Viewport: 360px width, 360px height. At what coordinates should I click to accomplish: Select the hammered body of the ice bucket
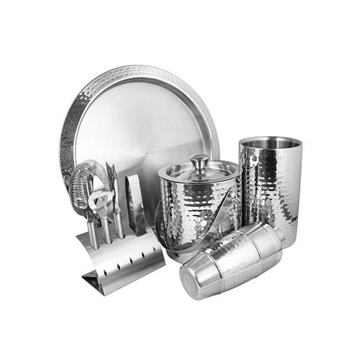(198, 207)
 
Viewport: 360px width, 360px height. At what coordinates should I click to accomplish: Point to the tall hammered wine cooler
(270, 192)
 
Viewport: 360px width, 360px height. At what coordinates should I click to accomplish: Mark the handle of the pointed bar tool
(118, 225)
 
